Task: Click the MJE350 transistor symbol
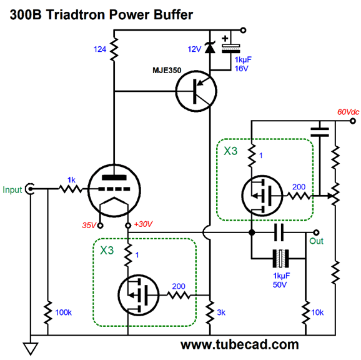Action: tap(196, 91)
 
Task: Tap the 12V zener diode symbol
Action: tap(210, 47)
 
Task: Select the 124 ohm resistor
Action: tap(114, 49)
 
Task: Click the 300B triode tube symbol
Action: tap(114, 191)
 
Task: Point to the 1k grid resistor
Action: tap(71, 189)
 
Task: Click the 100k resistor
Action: tap(48, 312)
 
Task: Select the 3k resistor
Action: tap(210, 312)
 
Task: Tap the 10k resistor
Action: tap(306, 312)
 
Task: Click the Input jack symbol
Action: tap(30, 189)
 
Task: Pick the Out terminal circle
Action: tap(316, 232)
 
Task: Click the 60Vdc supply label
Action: tap(348, 112)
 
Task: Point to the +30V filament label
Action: tap(143, 224)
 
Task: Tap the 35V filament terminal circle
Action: tap(100, 226)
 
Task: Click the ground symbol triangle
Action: tap(31, 349)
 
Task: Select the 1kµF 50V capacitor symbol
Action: tap(280, 259)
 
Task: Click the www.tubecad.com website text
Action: tap(240, 345)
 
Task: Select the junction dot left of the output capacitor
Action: tap(252, 232)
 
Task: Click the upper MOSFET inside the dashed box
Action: tap(262, 196)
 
